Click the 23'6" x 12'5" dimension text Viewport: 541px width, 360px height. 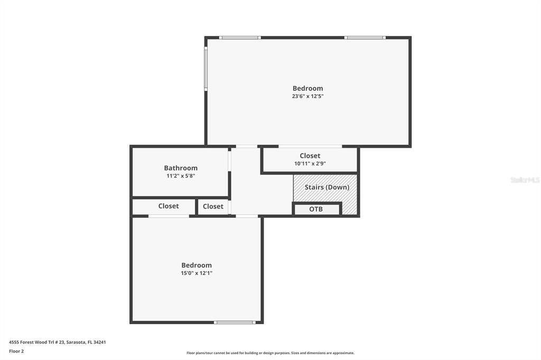307,97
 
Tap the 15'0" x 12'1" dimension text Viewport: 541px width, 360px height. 197,273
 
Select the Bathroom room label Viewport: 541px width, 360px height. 181,168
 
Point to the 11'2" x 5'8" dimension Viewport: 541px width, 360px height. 181,176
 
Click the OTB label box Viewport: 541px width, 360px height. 316,209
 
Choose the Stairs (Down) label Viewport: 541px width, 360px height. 327,187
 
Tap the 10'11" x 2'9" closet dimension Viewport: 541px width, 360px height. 310,164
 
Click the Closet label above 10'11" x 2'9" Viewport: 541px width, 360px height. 310,156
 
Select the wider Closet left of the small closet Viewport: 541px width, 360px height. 169,206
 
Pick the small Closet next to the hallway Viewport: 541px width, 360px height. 213,206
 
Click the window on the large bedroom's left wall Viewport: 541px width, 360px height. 206,69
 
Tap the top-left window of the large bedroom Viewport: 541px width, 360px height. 240,37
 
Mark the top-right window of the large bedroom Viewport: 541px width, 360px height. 365,37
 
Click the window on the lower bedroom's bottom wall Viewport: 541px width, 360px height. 235,322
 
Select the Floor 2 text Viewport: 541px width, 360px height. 16,351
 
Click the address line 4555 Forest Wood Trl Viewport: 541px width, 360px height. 58,342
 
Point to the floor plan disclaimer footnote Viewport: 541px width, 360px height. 270,353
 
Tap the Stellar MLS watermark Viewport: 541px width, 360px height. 525,180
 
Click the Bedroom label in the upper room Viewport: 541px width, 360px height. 307,88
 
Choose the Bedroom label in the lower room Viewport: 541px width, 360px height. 197,265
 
